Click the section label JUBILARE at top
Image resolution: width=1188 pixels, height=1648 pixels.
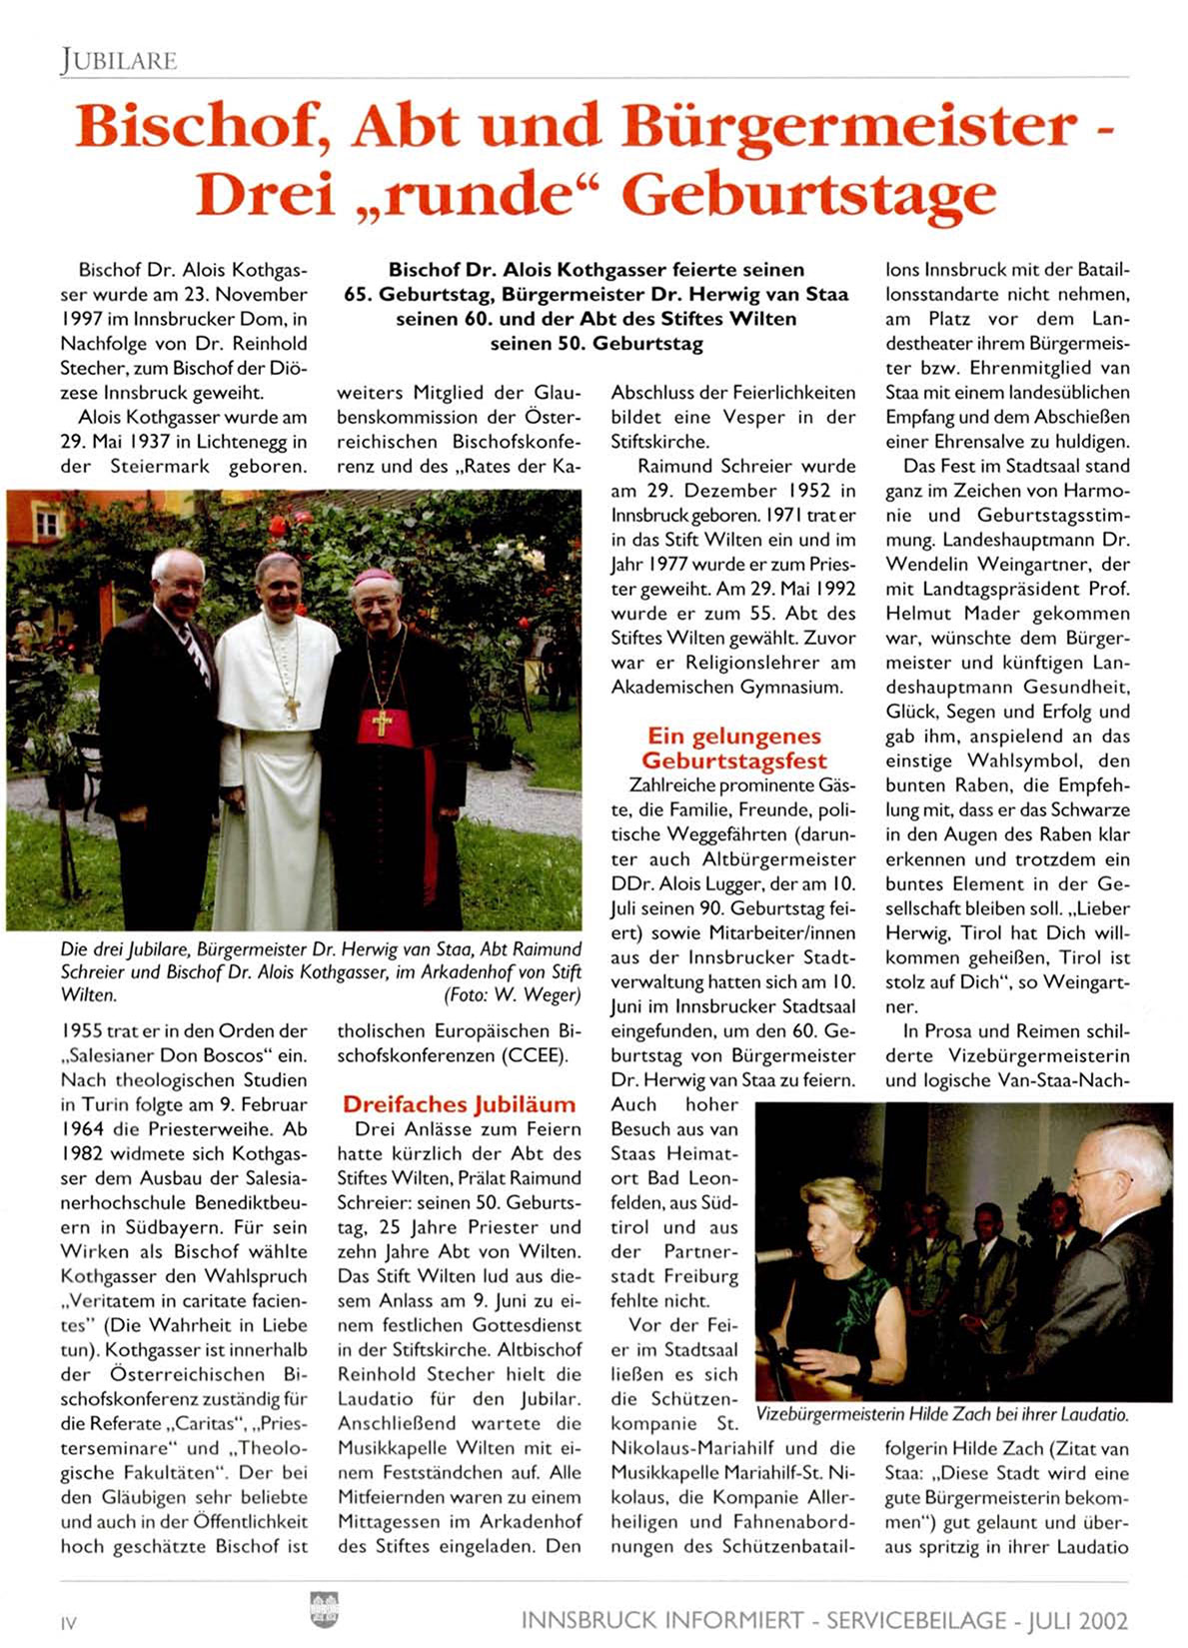[x=118, y=61]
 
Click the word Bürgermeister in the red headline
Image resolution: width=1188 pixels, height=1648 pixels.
[x=848, y=127]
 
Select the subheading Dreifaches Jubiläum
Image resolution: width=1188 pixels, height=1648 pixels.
[x=459, y=1104]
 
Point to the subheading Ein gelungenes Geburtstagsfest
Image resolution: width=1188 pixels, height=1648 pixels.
[x=734, y=749]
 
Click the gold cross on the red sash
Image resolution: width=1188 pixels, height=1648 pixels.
[x=382, y=721]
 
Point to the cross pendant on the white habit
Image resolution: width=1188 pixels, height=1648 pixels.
[x=292, y=708]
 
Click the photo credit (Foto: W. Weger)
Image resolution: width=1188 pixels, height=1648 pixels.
[x=512, y=994]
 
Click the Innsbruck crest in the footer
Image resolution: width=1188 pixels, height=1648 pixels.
[x=325, y=1609]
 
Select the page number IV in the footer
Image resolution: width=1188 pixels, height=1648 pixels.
[x=68, y=1623]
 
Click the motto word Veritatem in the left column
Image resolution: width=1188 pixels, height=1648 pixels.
[x=116, y=1301]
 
